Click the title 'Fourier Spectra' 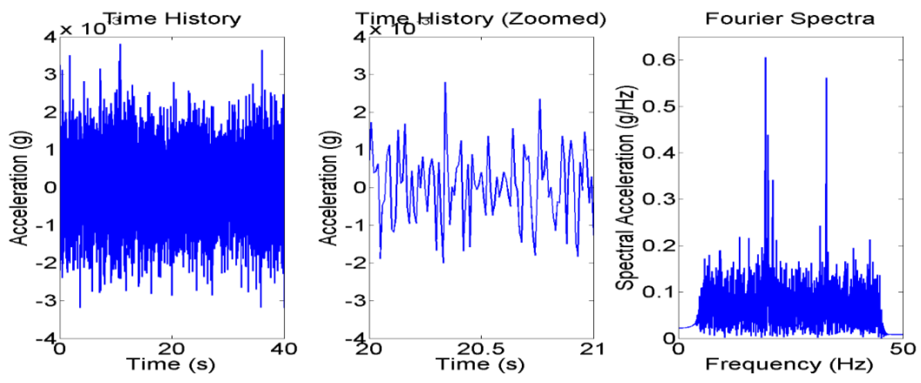(790, 19)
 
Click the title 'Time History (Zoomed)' (481, 19)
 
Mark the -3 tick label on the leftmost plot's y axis (47, 301)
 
